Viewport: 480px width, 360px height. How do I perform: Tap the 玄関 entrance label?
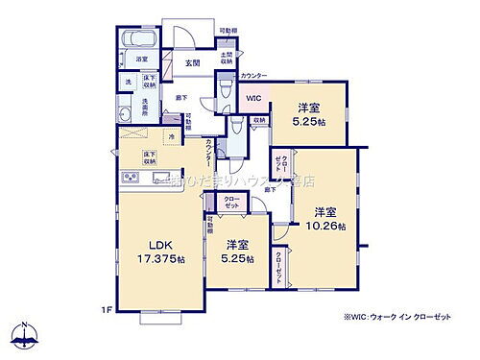click(192, 63)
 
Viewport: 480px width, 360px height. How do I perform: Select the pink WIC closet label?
click(253, 98)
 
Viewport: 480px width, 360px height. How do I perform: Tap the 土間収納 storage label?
click(227, 60)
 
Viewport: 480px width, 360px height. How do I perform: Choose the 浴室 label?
click(140, 60)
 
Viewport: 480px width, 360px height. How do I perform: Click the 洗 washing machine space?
click(129, 82)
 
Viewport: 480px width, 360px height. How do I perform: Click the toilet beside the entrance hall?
click(222, 88)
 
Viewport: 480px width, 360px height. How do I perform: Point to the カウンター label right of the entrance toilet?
click(254, 75)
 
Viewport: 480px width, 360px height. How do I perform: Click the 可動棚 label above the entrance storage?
click(228, 32)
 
